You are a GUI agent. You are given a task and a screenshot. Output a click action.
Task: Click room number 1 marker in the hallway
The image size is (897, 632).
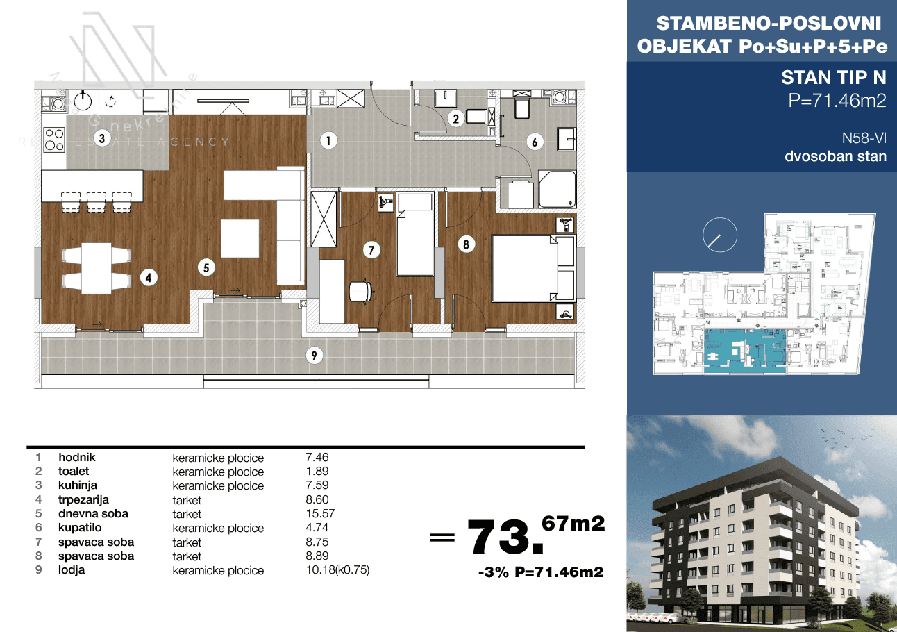point(328,140)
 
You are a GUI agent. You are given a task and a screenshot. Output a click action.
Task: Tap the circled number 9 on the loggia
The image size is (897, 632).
point(314,356)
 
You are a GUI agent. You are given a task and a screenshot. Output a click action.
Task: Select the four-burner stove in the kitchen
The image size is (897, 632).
point(54,139)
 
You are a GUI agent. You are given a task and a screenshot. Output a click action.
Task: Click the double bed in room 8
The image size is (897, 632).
point(525,268)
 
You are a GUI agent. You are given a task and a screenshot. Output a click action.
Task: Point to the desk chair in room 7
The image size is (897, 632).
point(361,291)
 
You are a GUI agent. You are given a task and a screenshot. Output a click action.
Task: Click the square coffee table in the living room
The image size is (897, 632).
point(240,238)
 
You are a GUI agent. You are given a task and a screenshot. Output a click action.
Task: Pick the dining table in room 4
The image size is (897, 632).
point(97,268)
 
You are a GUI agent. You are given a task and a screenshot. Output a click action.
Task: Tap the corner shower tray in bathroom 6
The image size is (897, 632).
point(557,189)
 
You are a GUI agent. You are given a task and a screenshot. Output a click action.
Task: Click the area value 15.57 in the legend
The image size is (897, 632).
point(320,513)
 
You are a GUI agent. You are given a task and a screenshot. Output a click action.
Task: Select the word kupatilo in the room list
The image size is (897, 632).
point(80,527)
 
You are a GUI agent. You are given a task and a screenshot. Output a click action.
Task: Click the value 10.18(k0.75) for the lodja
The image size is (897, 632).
point(337,569)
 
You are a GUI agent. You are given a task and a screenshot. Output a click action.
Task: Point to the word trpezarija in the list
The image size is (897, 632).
point(83,499)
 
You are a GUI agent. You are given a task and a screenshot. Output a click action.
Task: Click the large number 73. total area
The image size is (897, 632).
point(505,537)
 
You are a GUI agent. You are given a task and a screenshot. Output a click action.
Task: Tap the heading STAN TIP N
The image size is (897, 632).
point(834,77)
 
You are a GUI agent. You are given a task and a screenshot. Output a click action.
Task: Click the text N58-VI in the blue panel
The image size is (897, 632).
point(864,138)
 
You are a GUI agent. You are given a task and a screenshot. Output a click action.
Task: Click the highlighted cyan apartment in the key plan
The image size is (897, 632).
point(745,351)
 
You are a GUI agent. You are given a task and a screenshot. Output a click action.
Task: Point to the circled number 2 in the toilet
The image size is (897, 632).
point(455,119)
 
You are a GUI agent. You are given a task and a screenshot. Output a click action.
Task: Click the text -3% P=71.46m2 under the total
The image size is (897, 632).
point(541,572)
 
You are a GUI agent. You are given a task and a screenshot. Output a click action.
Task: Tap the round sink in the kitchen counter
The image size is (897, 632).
point(83,101)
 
